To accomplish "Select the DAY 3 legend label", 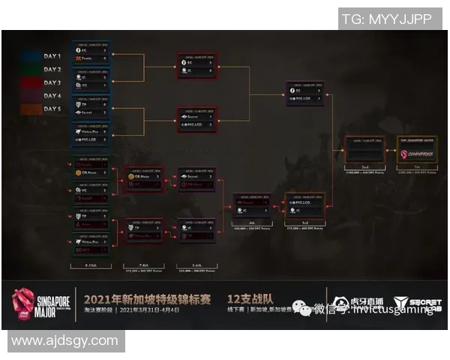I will coord(53,83).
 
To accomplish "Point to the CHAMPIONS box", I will coord(415,153).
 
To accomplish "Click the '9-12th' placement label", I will coord(91,264).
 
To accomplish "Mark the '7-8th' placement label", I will coord(143,264).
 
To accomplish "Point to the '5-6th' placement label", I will coord(196,264).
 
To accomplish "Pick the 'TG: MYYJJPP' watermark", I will coord(387,19).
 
